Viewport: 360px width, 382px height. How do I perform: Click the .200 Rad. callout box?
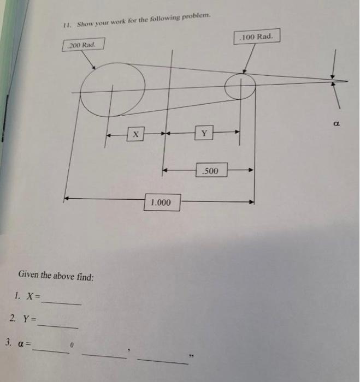coord(81,44)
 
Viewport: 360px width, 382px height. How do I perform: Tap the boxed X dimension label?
coord(135,133)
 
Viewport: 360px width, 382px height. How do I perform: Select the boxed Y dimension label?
coord(204,133)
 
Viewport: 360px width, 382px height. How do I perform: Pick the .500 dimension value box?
coord(210,171)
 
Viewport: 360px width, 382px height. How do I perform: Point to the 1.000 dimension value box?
coord(161,203)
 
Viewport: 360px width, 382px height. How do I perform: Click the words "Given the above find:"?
coord(56,276)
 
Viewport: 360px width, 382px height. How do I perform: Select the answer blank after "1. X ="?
coord(61,302)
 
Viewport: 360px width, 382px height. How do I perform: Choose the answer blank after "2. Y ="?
coord(57,325)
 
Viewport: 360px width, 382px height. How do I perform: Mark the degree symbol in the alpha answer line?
coord(72,345)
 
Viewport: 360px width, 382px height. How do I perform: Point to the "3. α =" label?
coord(17,343)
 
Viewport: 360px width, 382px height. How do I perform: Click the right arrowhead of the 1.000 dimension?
coord(252,201)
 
